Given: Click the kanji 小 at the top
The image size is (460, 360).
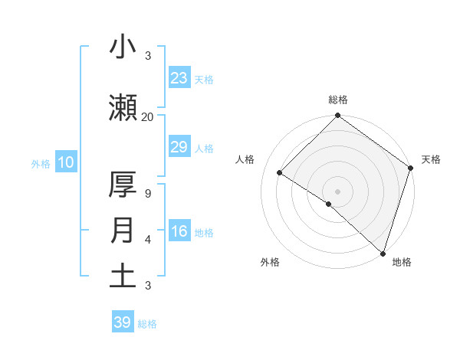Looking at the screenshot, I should (123, 47).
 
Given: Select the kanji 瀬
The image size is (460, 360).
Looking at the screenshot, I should (123, 107).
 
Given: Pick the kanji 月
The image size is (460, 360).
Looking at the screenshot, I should (123, 231).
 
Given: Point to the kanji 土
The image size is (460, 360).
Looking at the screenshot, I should (123, 276).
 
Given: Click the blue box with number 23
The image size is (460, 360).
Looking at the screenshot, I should (179, 78).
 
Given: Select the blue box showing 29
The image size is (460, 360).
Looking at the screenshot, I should (179, 147).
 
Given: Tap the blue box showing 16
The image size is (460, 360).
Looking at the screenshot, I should (179, 231).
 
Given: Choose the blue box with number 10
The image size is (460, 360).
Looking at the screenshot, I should (65, 162).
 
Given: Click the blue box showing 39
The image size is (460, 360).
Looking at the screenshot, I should (123, 322).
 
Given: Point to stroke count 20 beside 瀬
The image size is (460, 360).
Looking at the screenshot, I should (147, 116).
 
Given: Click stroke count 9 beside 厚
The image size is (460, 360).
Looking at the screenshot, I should (147, 194).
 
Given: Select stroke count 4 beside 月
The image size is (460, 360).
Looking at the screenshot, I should (147, 240).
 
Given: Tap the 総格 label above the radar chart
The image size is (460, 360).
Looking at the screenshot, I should (337, 100).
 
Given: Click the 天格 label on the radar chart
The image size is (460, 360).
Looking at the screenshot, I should (431, 159).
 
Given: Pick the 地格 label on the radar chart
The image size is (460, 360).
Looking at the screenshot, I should (402, 262).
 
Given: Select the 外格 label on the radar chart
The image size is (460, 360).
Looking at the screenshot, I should (270, 262).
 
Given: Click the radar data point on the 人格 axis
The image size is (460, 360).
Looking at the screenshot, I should (280, 173).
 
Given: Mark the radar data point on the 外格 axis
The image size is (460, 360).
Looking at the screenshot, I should (329, 204).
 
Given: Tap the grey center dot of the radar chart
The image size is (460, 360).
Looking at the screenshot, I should (337, 191).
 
